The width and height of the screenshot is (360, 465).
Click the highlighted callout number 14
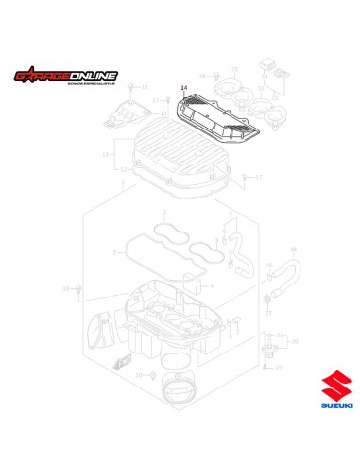pos(184,90)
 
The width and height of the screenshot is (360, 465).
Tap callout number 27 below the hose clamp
pos(267,311)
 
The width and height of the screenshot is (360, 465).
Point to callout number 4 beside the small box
pos(214,284)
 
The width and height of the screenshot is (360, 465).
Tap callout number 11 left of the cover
pos(116,153)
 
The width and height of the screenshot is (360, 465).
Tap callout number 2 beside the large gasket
pos(115,252)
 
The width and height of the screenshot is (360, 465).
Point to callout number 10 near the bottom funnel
pos(138,375)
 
